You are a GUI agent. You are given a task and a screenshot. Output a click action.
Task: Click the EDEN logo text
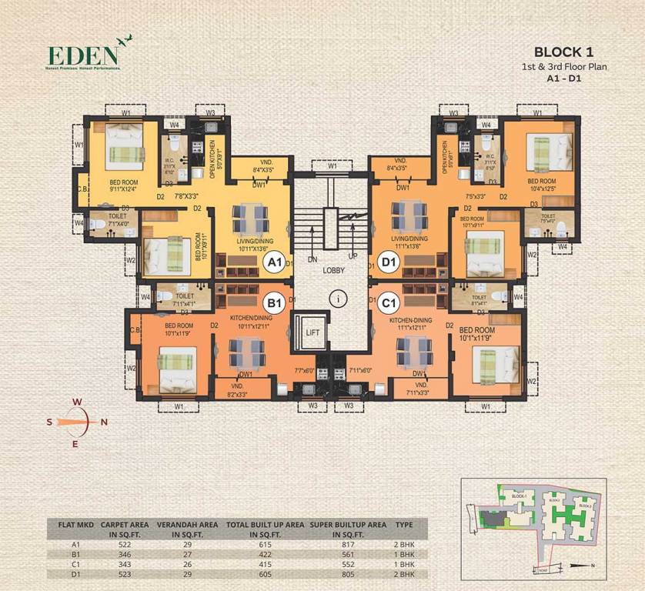(x=82, y=55)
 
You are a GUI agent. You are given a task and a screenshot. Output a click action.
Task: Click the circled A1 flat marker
(x=275, y=262)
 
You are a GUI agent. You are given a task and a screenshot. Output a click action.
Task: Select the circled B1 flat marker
(x=275, y=302)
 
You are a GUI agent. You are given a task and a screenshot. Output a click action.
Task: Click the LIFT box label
(x=312, y=332)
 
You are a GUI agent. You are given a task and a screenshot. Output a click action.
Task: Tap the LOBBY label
(x=333, y=271)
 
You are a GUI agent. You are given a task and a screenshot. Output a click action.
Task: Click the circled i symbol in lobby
(x=333, y=297)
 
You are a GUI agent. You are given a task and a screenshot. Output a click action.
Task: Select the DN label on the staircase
(x=312, y=259)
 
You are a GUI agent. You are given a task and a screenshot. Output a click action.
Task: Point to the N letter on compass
(x=104, y=421)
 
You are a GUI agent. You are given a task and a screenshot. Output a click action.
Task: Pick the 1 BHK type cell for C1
(x=403, y=563)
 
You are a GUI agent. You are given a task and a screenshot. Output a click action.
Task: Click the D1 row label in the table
(x=75, y=573)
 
